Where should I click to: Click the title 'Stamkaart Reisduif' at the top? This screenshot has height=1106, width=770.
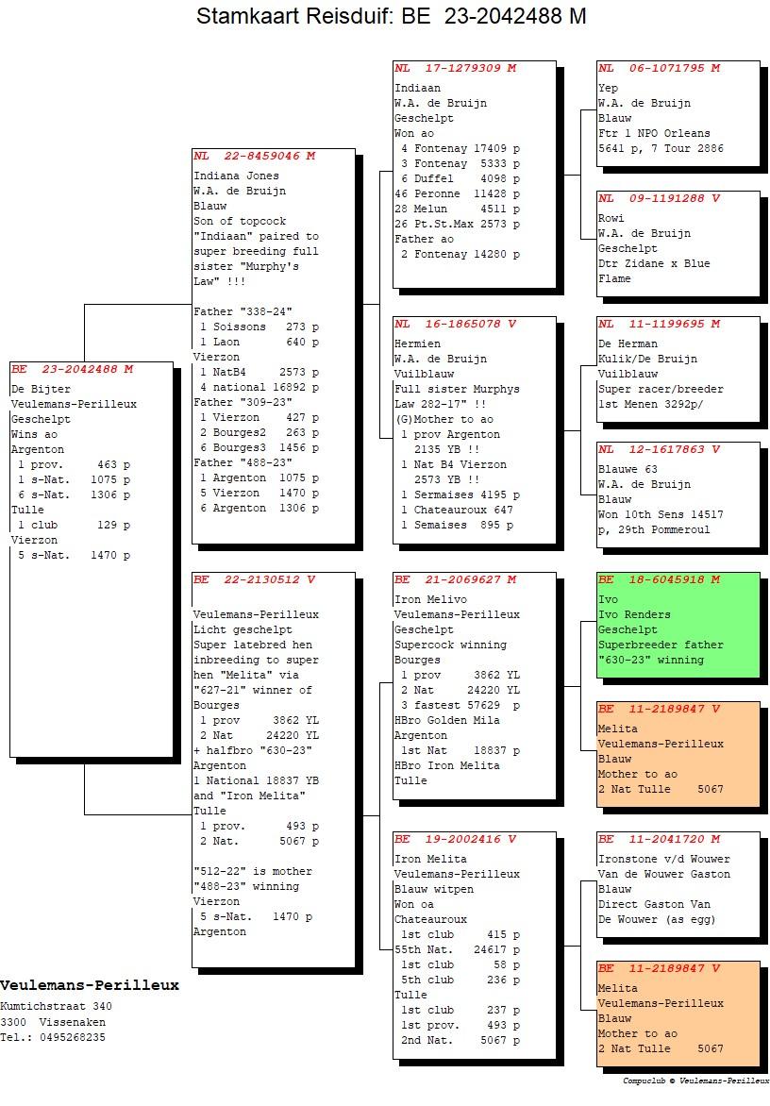[x=294, y=15]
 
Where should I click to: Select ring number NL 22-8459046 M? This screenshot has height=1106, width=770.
[x=255, y=156]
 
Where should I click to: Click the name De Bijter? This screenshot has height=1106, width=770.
[x=41, y=389]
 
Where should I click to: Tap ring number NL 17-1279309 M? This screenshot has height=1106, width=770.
[x=456, y=68]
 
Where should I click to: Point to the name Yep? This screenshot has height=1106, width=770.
[x=608, y=88]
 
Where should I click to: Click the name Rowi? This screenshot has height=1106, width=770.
[x=611, y=218]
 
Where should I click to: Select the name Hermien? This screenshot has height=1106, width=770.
[x=417, y=344]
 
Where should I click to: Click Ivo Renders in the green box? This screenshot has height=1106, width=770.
[x=634, y=614]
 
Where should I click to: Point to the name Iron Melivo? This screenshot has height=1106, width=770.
[x=430, y=599]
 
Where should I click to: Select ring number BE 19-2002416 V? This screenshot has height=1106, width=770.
[x=456, y=839]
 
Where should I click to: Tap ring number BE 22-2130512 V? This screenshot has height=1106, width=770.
[x=255, y=579]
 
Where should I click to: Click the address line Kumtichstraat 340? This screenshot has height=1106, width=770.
[x=57, y=1007]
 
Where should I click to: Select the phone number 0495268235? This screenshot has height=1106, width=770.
[x=73, y=1037]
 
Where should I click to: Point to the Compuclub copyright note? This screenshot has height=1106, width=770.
[x=696, y=1081]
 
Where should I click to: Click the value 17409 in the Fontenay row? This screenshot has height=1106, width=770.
[x=490, y=148]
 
